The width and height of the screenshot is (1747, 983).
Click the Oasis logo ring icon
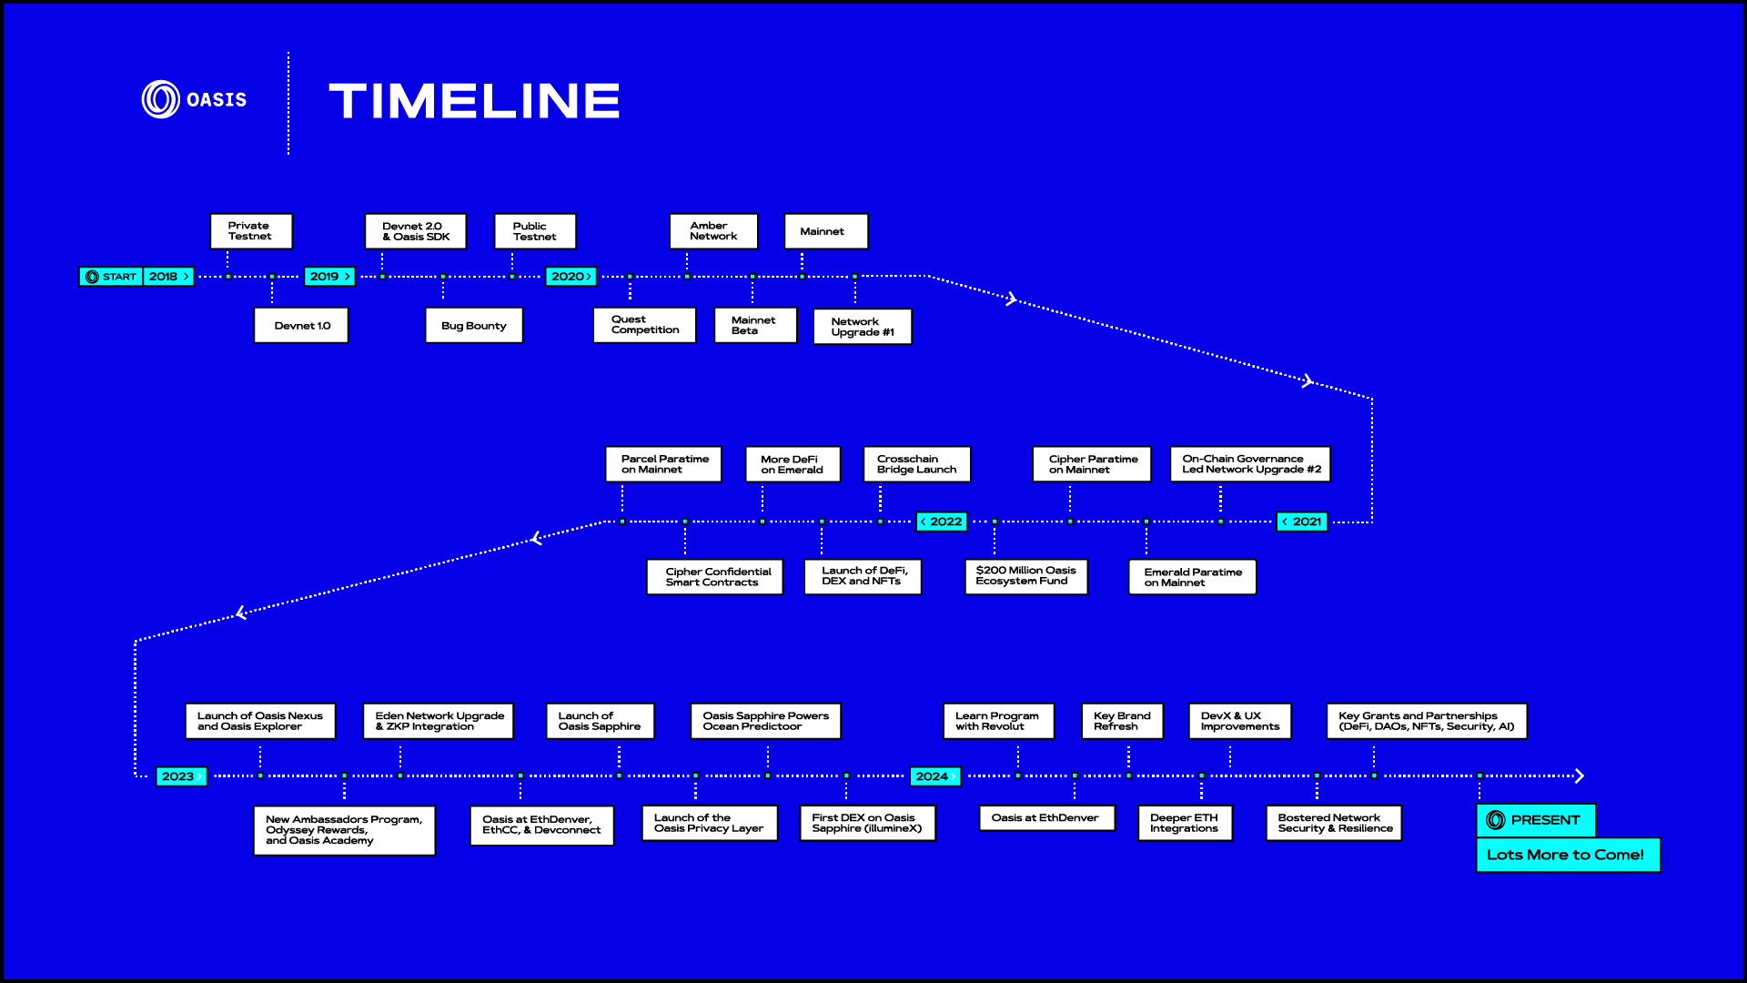pos(161,99)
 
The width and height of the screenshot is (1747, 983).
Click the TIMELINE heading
pos(474,101)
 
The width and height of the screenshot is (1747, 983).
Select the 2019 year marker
pos(329,277)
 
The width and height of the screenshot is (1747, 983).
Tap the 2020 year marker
pos(571,277)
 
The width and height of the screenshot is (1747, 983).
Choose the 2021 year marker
pos(1302,522)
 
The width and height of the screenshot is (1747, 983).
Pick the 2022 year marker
pos(942,522)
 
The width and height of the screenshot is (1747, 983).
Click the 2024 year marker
pos(935,776)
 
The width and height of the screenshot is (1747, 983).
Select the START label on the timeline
pos(111,277)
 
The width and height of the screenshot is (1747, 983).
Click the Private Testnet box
pos(250,231)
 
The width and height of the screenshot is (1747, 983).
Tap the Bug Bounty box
pos(474,326)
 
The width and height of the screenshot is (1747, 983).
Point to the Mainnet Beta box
pos(754,326)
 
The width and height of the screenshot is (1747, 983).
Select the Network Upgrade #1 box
pos(863,327)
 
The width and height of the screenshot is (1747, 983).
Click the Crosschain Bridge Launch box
pos(916,464)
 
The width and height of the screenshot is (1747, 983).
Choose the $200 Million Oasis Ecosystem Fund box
pos(1025,576)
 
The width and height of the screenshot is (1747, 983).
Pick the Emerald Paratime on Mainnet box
pos(1192,577)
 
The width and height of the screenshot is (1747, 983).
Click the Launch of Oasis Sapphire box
pos(600,721)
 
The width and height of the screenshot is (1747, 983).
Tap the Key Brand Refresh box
pos(1122,721)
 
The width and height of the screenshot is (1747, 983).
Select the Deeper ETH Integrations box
pos(1184,823)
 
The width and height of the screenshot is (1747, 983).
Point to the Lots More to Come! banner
pos(1567,855)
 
